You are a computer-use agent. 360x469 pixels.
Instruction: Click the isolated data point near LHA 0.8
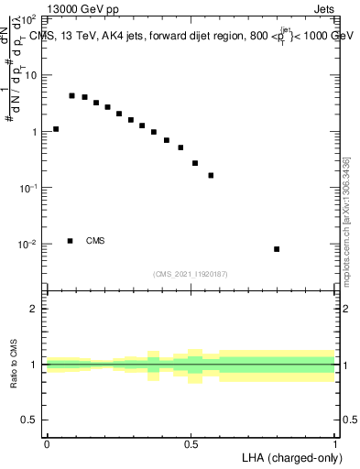point(277,249)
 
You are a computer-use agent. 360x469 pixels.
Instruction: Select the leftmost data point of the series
point(56,129)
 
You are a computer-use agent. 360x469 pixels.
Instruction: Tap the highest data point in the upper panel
point(71,95)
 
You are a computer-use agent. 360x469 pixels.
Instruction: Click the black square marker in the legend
point(71,241)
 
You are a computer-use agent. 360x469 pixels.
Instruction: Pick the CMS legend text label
point(95,241)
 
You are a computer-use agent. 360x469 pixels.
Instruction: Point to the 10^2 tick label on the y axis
point(27,18)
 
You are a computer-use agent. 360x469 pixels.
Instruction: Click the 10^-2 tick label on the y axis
point(27,245)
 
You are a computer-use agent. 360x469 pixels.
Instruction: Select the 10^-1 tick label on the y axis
point(27,188)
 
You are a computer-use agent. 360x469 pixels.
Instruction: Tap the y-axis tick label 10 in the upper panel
point(30,75)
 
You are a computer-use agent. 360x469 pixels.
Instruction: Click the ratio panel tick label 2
point(34,309)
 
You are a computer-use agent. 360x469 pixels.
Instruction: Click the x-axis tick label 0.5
point(191,444)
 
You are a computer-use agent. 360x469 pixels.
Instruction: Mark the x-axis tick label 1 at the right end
point(335,444)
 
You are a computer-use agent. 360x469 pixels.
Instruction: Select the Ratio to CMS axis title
point(14,365)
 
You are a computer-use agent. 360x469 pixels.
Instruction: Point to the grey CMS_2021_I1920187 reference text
point(191,273)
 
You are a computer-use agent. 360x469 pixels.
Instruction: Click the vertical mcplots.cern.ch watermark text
point(346,220)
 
